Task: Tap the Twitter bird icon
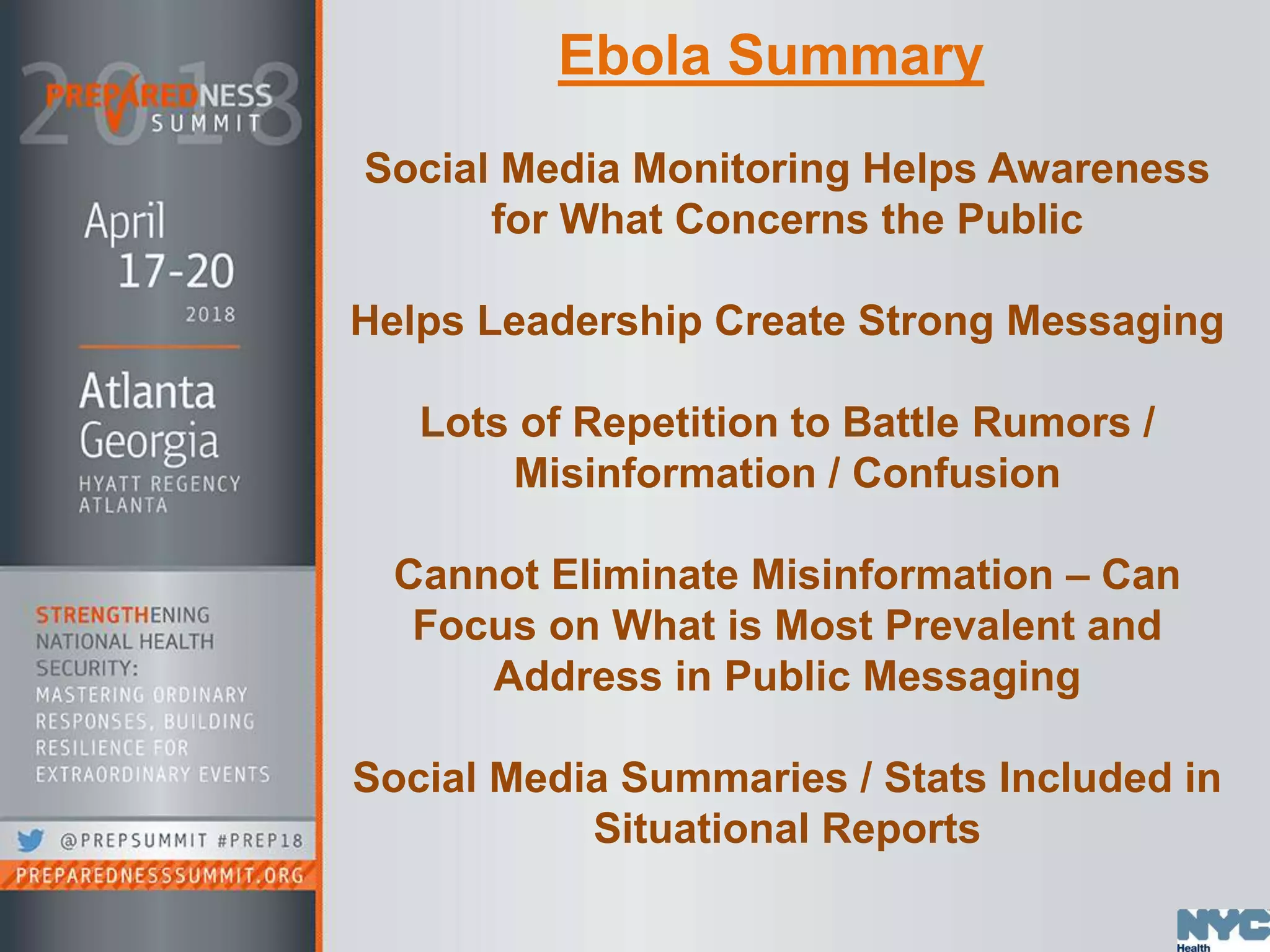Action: pos(30,840)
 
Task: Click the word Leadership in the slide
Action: pos(589,321)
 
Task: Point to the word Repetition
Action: pos(675,423)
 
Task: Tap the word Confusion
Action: pos(956,474)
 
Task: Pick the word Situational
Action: pos(701,829)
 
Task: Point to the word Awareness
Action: pos(1097,169)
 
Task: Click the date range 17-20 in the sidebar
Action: pos(176,271)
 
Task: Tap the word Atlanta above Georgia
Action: pos(147,392)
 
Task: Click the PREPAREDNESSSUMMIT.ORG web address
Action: pos(159,876)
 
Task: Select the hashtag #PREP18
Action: pos(260,841)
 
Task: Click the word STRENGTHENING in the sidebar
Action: pos(123,615)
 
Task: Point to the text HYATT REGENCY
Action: pos(159,484)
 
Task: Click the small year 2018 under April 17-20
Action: pos(210,315)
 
